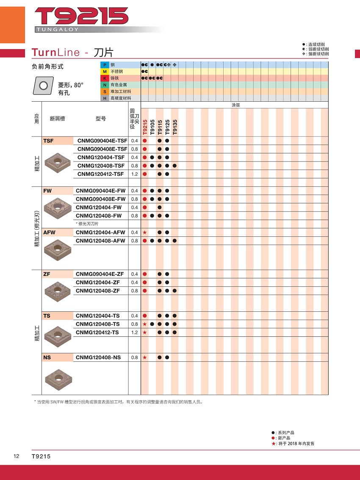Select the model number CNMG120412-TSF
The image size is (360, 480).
click(101, 174)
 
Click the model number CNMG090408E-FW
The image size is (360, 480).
click(101, 199)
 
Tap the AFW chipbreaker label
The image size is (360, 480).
click(49, 233)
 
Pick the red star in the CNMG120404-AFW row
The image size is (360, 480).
click(145, 233)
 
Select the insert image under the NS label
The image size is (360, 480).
click(57, 376)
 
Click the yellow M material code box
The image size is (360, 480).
click(104, 72)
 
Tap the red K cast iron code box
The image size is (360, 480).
click(104, 78)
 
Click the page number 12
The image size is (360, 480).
click(16, 456)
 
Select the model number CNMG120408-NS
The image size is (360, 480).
click(98, 358)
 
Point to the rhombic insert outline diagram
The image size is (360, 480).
click(43, 86)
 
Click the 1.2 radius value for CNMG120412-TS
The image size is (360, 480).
click(135, 333)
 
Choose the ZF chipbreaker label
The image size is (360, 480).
click(47, 274)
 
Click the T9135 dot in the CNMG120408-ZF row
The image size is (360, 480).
click(175, 291)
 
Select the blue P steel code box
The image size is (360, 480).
click(104, 65)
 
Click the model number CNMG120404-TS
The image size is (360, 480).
click(98, 316)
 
